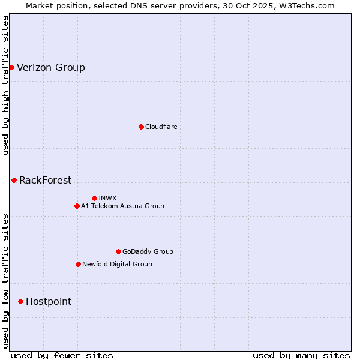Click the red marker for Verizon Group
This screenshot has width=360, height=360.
pyautogui.click(x=11, y=67)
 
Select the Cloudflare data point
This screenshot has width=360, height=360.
pyautogui.click(x=141, y=127)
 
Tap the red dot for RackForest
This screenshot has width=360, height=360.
pyautogui.click(x=14, y=180)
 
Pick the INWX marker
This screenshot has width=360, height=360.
pyautogui.click(x=94, y=198)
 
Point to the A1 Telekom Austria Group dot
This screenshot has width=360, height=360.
pyautogui.click(x=77, y=206)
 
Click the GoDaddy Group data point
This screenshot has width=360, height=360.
pyautogui.click(x=118, y=251)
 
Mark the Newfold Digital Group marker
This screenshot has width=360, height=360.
pyautogui.click(x=78, y=264)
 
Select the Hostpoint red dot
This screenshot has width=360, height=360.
pyautogui.click(x=20, y=301)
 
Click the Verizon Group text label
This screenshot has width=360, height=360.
pyautogui.click(x=51, y=67)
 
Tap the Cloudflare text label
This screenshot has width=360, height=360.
pyautogui.click(x=161, y=127)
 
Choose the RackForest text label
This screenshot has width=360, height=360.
pyautogui.click(x=45, y=180)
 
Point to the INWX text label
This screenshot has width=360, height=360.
pyautogui.click(x=107, y=198)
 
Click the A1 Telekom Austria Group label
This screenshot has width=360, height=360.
pyautogui.click(x=122, y=206)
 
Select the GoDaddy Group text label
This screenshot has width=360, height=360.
pyautogui.click(x=148, y=251)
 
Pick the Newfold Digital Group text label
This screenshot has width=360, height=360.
pyautogui.click(x=117, y=264)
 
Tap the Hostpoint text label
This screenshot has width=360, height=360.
pyautogui.click(x=49, y=301)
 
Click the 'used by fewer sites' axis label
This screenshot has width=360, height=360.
pyautogui.click(x=62, y=355)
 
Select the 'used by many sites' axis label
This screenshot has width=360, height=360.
pyautogui.click(x=301, y=355)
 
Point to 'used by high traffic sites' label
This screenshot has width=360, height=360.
pyautogui.click(x=5, y=85)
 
